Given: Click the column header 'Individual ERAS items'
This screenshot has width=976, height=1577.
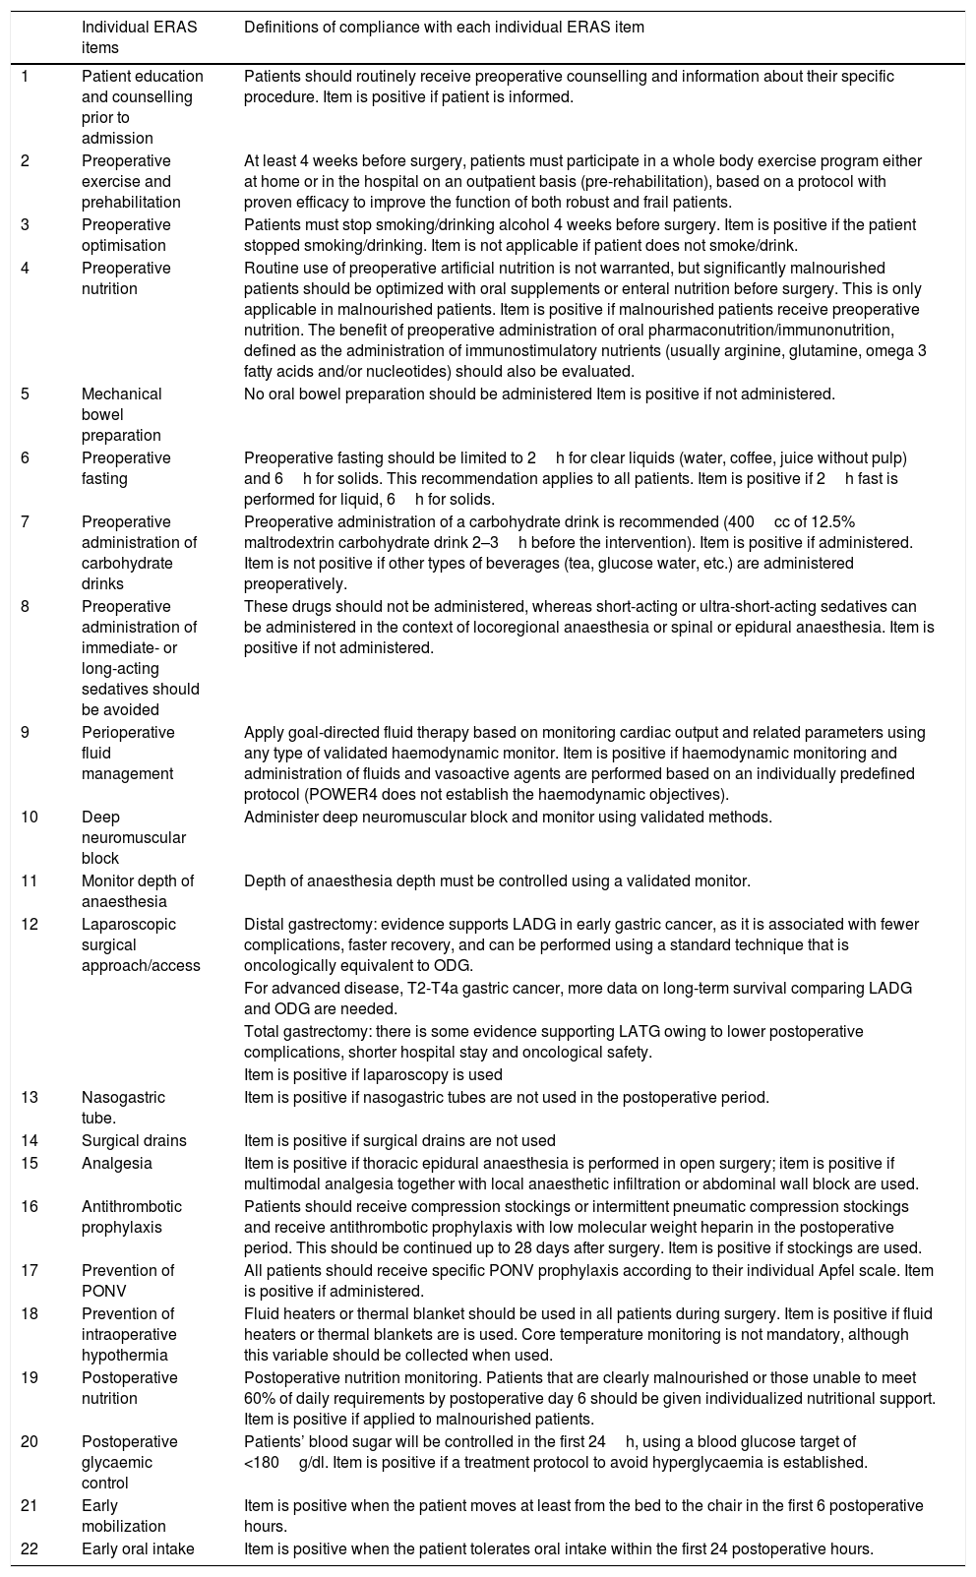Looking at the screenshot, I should point(139,37).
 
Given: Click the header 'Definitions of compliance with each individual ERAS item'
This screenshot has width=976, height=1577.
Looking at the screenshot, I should point(444,28).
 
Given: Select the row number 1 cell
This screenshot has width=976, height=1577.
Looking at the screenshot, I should point(27,76).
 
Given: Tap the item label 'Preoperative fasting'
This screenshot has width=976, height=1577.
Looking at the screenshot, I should point(126,468).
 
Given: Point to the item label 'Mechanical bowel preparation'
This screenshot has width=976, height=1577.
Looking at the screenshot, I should point(121,414).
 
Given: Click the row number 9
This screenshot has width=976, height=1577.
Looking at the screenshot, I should point(27,732).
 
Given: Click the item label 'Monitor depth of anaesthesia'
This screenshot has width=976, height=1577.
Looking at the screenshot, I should point(138,890).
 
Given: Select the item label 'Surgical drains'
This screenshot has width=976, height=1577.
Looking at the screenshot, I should point(134,1141).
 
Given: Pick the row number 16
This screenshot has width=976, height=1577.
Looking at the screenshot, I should point(30,1206).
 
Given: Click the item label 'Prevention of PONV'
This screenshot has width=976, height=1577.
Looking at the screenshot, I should point(128,1281).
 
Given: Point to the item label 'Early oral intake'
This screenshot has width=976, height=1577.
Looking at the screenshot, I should point(138,1548).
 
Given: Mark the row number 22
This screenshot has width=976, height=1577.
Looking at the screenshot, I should point(30,1548).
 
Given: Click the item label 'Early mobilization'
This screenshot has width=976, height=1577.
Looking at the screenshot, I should point(123,1516).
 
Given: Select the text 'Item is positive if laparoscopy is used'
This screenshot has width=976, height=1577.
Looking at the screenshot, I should point(373,1074).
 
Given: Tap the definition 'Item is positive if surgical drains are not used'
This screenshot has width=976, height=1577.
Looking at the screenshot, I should point(399,1141).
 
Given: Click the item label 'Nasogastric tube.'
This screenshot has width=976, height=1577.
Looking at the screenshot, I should point(123,1107).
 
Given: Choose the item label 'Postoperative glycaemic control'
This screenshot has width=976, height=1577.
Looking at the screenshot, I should point(129,1462).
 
